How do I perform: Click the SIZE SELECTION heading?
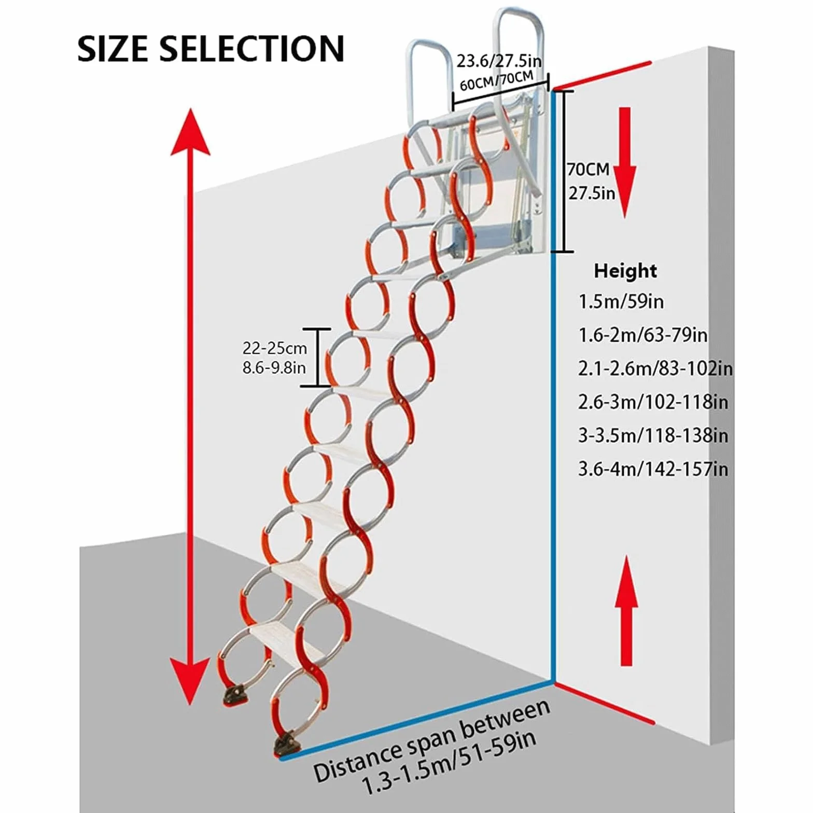pos(211,49)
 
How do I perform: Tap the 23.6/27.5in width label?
pos(499,61)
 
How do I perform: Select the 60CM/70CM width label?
pos(496,81)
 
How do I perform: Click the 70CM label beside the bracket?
pos(588,170)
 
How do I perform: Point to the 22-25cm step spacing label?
pos(275,348)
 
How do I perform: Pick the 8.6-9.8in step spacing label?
pos(274,368)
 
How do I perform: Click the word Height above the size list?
pos(625,271)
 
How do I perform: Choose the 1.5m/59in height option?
pos(621,301)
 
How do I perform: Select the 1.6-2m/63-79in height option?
pos(643,335)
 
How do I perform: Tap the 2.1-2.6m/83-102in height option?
pos(655,368)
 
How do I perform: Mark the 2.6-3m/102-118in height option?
pos(653,402)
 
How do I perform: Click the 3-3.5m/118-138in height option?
pos(653,436)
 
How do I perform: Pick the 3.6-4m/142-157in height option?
pos(653,469)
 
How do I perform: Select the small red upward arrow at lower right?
pos(626,610)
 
